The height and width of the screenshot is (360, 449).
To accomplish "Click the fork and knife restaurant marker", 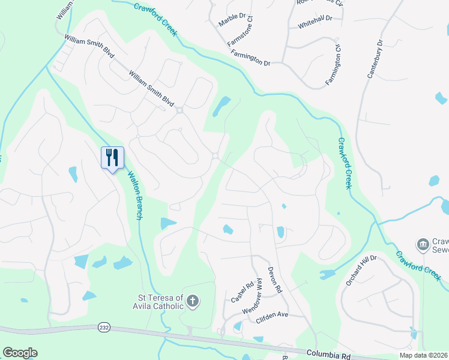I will click(112, 158).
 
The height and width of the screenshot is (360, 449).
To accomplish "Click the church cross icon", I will click(192, 301).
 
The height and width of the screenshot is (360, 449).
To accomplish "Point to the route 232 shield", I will click(103, 327).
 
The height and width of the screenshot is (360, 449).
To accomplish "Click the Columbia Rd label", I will click(328, 356).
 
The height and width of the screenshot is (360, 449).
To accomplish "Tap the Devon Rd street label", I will click(274, 280).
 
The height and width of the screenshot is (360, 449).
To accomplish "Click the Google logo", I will click(20, 353).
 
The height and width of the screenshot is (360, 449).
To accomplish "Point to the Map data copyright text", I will click(422, 355).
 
